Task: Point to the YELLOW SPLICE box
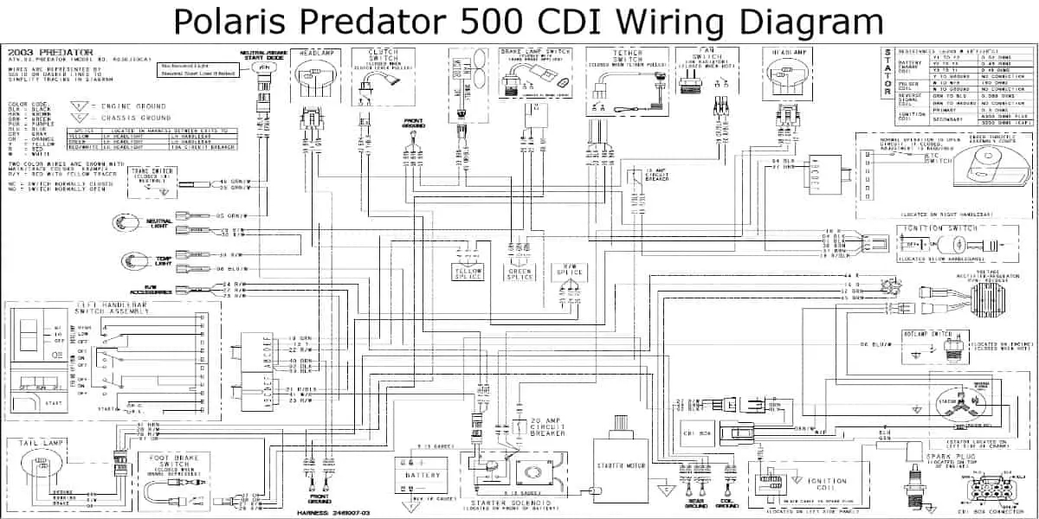469,272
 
